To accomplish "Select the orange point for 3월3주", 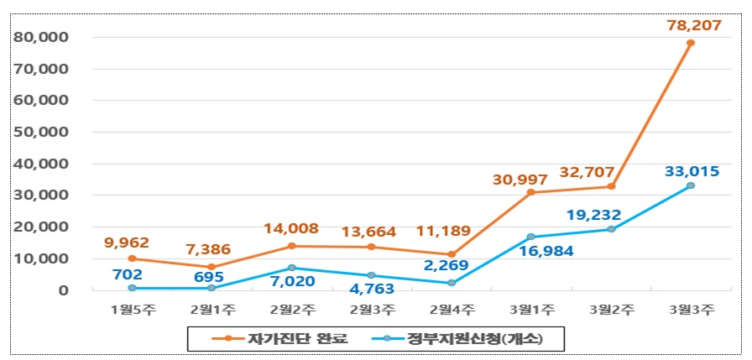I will pyautogui.click(x=690, y=43).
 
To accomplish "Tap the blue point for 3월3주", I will pyautogui.click(x=690, y=185).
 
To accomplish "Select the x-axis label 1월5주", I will pyautogui.click(x=132, y=310).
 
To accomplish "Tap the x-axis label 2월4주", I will pyautogui.click(x=452, y=310).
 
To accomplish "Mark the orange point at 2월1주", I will pyautogui.click(x=211, y=267).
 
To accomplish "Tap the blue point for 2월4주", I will pyautogui.click(x=452, y=283).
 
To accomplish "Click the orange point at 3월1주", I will pyautogui.click(x=530, y=192).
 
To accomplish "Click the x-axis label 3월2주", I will pyautogui.click(x=610, y=310).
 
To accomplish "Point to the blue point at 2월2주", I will pyautogui.click(x=291, y=268).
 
